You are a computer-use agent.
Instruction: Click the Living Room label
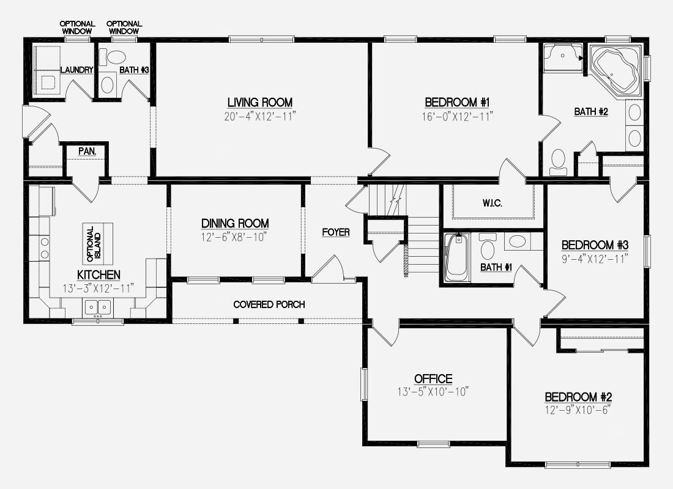pos(260,103)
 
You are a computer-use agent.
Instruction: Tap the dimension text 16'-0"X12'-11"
pos(457,117)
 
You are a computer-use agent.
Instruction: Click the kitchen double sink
pos(98,307)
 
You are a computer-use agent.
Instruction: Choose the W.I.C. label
pos(493,203)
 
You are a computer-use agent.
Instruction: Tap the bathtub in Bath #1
pos(456,257)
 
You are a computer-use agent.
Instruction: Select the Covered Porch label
pos(269,304)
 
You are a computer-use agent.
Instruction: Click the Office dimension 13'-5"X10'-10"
pos(433,392)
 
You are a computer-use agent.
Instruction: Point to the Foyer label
pos(336,232)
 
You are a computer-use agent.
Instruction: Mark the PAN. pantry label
pos(87,151)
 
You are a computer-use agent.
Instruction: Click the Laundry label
pos(77,70)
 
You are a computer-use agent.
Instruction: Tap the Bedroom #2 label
pos(578,397)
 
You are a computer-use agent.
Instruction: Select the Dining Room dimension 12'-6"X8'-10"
pos(235,237)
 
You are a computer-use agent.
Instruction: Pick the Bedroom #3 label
pos(595,245)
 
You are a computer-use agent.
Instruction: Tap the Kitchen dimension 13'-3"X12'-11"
pos(99,289)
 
